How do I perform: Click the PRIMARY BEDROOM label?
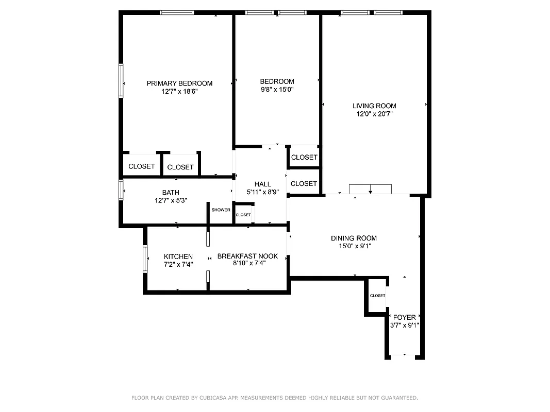(179, 83)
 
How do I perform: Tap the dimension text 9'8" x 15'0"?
(277, 90)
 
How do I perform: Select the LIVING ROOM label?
(374, 106)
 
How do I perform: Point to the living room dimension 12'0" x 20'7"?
(374, 114)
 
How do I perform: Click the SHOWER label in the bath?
(221, 210)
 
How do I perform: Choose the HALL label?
(262, 184)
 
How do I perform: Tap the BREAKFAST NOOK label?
(247, 256)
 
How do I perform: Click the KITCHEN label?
(178, 256)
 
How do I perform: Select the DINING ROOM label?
(354, 238)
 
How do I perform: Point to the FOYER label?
(404, 317)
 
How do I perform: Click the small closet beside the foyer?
(377, 296)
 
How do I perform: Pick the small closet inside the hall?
(243, 215)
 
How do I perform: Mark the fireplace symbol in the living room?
(371, 189)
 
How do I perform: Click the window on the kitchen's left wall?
(145, 257)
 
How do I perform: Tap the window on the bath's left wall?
(121, 189)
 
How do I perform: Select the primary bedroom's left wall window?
(122, 80)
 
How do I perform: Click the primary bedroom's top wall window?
(177, 12)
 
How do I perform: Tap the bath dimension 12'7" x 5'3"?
(171, 200)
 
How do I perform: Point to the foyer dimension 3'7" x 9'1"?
(404, 325)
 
